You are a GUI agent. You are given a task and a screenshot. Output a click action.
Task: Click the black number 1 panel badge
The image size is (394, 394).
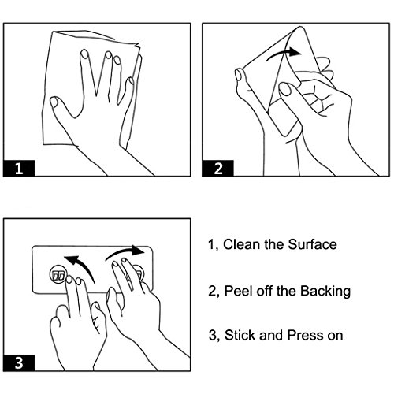click(x=19, y=168)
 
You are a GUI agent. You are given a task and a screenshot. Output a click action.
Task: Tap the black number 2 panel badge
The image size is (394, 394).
click(x=217, y=168)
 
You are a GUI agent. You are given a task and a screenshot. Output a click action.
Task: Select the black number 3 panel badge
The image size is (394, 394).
click(x=19, y=362)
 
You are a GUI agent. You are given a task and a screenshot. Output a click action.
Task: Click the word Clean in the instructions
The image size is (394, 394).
click(x=241, y=244)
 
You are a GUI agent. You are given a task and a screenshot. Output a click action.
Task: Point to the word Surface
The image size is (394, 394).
click(x=312, y=244)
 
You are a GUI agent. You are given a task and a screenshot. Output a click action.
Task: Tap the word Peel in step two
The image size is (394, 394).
click(x=238, y=291)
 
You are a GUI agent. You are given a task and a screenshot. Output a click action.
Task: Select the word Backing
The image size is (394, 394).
click(x=325, y=292)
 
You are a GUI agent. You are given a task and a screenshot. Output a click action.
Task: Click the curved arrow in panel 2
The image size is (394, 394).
click(x=282, y=53)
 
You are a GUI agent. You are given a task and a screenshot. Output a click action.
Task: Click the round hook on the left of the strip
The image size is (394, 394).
click(x=58, y=275)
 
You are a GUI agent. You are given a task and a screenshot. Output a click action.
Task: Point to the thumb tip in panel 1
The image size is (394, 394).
click(x=54, y=102)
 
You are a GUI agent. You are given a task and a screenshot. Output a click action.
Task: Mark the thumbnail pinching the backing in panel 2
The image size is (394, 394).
click(x=284, y=89)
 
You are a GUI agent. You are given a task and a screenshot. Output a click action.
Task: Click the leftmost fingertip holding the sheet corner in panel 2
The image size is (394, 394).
click(x=239, y=74)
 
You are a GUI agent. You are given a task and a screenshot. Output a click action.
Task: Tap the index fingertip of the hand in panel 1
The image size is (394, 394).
click(x=84, y=54)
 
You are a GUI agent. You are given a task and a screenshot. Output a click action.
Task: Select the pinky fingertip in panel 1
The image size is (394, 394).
click(x=130, y=81)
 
